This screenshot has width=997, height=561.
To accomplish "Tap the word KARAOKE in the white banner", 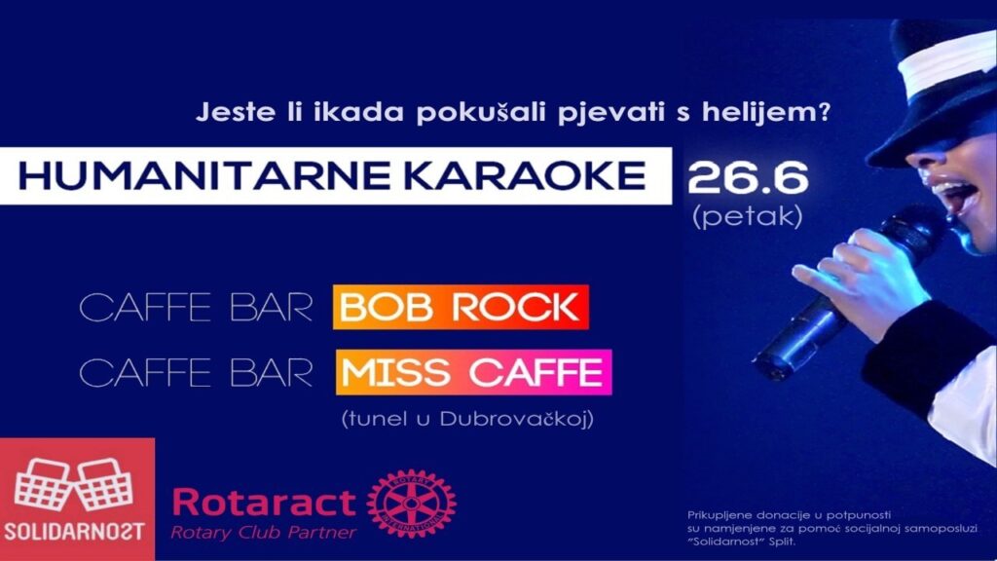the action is click(526, 175).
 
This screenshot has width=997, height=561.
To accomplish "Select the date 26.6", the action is click(748, 178).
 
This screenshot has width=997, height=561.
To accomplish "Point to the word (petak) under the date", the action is click(748, 217).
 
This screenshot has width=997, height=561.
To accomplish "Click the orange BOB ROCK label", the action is click(461, 307).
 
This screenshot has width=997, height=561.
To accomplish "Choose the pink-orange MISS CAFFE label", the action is click(473, 372).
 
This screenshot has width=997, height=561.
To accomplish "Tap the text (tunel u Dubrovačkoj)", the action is click(468, 419).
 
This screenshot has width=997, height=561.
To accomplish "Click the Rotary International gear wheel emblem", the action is click(412, 504).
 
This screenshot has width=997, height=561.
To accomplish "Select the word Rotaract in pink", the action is click(264, 502).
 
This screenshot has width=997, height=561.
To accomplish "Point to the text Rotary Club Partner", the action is click(263, 532).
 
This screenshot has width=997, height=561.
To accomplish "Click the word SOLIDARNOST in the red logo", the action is click(74, 532).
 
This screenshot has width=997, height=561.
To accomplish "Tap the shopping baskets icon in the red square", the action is click(74, 483).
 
